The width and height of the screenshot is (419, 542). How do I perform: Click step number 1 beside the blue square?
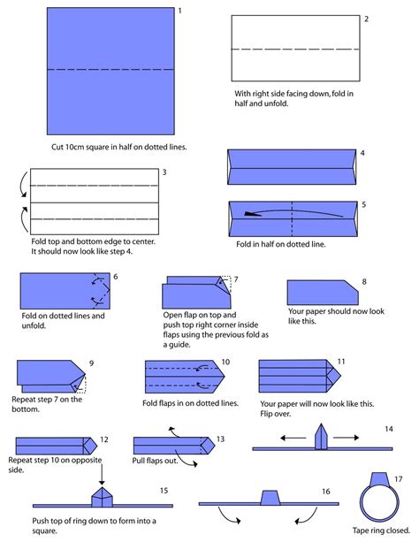179,11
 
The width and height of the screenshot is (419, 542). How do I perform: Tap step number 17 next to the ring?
399,479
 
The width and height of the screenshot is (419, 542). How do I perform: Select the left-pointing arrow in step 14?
293,438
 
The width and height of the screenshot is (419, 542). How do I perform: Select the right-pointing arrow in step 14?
346,438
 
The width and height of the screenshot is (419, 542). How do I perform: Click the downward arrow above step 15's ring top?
102,475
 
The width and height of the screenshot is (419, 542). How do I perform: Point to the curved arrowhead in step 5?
252,214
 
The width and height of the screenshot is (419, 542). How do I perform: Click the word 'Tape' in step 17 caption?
361,531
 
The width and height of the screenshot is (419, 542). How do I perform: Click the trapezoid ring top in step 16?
270,498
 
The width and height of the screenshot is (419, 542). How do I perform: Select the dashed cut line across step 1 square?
110,70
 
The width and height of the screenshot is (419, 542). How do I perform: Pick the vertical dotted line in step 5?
292,218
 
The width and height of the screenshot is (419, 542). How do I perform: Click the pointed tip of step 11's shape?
340,376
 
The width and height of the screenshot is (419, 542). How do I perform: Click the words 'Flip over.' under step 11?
275,414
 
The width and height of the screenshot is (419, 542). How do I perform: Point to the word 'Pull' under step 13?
139,461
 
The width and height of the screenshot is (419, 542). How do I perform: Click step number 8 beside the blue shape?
364,282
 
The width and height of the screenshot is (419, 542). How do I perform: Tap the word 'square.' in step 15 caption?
44,531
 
